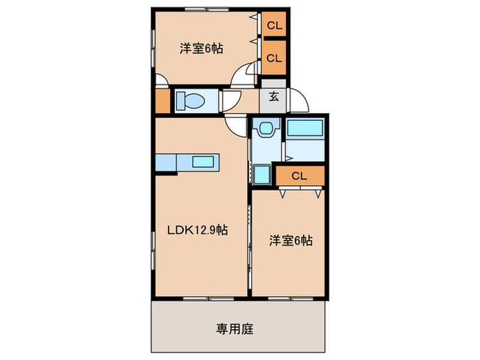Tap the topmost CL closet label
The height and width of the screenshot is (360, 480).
click(274, 27)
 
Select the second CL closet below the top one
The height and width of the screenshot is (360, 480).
click(274, 58)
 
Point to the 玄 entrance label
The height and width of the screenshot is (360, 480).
click(274, 97)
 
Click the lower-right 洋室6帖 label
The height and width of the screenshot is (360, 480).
click(291, 241)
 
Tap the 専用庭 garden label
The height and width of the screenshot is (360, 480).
click(237, 328)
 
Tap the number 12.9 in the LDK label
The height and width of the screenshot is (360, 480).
click(205, 231)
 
